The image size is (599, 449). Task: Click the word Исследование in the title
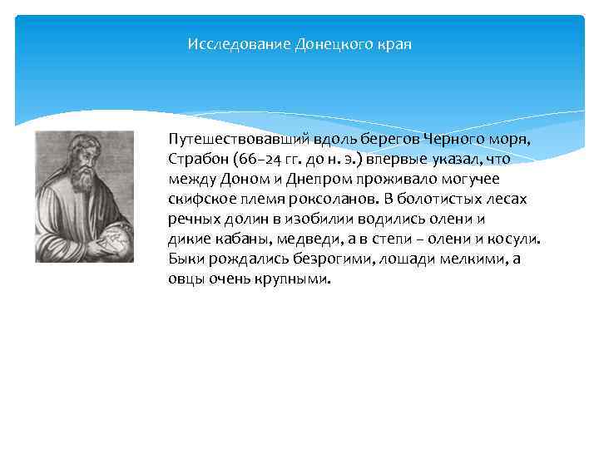coord(240,43)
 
